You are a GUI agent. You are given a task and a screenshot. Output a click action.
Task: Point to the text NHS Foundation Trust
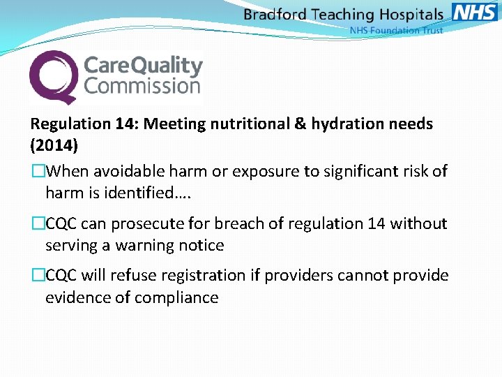click(396, 31)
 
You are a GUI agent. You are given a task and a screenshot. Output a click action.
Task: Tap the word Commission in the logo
click(142, 87)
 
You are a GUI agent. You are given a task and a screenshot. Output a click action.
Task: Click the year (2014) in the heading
click(54, 147)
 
